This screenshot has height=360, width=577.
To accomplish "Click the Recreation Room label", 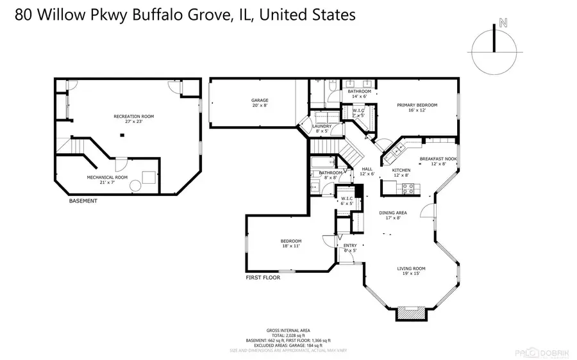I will coord(133,117).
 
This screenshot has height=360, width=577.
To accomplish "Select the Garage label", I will coord(260,101).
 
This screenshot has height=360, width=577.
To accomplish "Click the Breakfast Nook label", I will coord(439,159).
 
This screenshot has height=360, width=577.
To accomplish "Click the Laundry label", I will coord(321,127).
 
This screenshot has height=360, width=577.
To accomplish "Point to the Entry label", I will coord(350,245).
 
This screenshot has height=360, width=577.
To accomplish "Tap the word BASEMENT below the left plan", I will coord(83,201).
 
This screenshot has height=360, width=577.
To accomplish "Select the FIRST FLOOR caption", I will coord(263,278).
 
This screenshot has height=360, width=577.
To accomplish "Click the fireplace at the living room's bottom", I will coord(410,313).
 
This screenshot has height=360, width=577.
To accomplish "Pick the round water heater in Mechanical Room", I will coord(137,186).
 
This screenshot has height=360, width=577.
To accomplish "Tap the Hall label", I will coord(367,170).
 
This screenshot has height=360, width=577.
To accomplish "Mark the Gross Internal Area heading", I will coord(288,330).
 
